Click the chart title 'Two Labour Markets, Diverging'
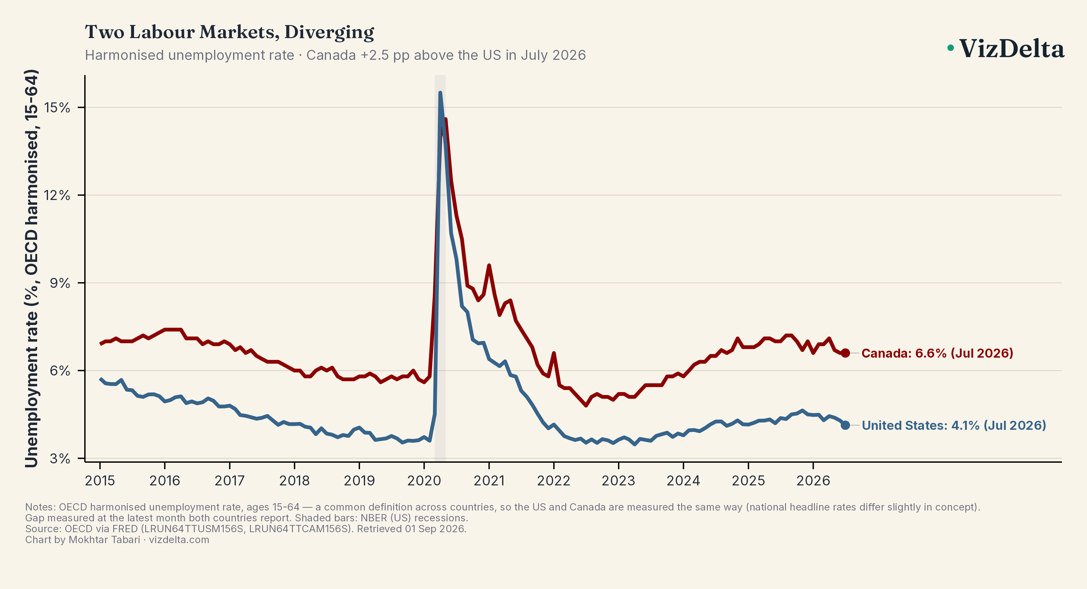[229, 32]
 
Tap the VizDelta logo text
[1012, 49]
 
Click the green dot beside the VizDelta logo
[950, 48]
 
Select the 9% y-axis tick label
[60, 283]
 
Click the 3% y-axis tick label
[60, 459]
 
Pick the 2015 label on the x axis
[100, 481]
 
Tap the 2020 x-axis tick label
[424, 481]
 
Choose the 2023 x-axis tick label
[619, 481]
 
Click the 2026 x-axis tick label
[813, 481]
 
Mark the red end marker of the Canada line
[845, 353]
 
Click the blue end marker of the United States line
[845, 425]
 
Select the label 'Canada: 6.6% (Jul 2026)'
[937, 353]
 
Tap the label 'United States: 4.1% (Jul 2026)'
[954, 425]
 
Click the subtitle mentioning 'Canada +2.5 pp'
[335, 55]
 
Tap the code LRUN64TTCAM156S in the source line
[300, 529]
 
